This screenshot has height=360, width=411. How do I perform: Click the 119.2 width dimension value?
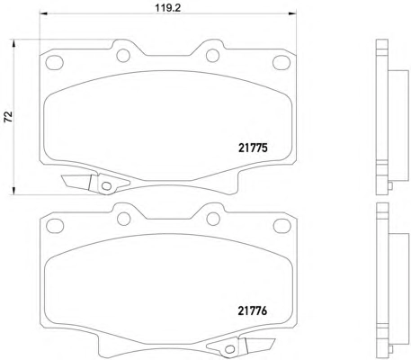pos(168,8)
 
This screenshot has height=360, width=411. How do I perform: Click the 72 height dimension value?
pos(8,116)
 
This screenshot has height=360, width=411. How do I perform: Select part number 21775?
pos(253,148)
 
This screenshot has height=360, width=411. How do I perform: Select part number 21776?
pos(253,310)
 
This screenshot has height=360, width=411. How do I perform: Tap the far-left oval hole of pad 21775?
pos(55,63)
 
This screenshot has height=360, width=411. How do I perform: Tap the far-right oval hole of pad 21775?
pos(281,63)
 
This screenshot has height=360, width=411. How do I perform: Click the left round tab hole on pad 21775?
pos(123,56)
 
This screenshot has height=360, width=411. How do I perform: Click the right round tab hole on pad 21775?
pos(213,56)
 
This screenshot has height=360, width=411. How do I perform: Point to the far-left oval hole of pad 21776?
pos(55,225)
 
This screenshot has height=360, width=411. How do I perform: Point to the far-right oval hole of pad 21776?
pos(282,225)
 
